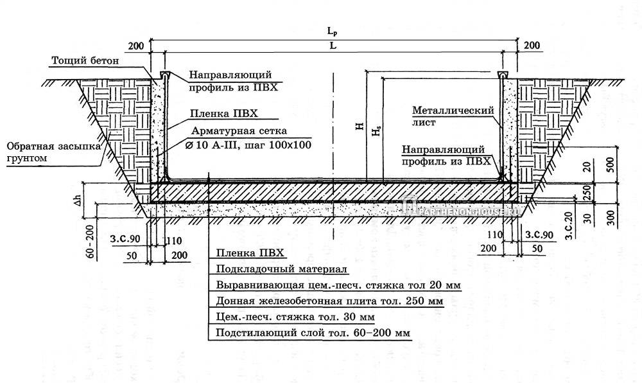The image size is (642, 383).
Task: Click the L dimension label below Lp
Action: coord(331,46)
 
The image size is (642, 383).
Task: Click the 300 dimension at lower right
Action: coord(611,218)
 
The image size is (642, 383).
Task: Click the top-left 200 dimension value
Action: coord(136,45)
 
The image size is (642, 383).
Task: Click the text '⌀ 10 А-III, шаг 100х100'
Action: coord(247,145)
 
